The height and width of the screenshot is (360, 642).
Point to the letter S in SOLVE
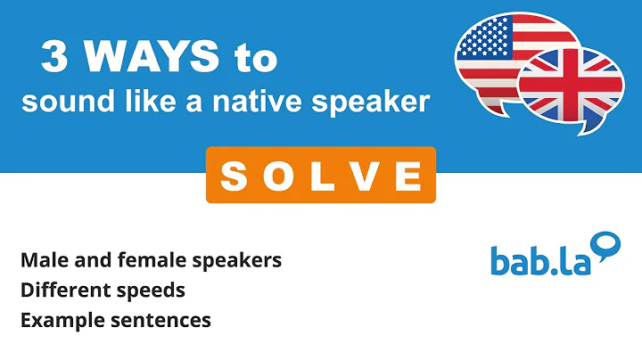[233, 176]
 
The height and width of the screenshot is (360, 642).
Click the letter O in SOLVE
[277, 176]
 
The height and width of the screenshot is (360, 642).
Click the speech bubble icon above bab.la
[606, 244]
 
